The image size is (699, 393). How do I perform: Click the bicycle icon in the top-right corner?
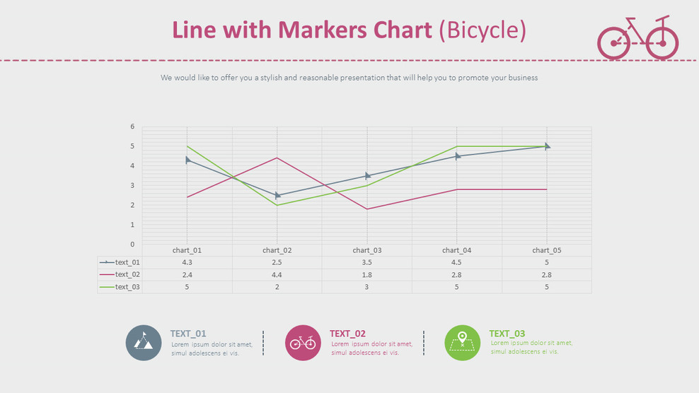tap(637, 38)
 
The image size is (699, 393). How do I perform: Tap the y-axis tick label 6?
tap(132, 127)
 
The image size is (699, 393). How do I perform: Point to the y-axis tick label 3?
tap(132, 185)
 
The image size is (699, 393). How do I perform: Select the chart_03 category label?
tap(366, 250)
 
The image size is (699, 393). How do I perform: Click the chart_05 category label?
tap(546, 250)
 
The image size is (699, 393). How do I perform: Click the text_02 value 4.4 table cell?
tap(277, 275)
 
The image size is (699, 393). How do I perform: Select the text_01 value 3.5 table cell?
tap(366, 262)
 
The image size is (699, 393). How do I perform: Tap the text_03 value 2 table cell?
tap(277, 287)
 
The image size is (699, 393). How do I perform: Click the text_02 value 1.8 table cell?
tap(366, 275)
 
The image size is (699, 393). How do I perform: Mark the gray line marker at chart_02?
tap(277, 195)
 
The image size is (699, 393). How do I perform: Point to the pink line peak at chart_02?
tap(277, 158)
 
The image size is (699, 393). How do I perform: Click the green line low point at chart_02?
tap(277, 205)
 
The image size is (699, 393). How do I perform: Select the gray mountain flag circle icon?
tap(144, 343)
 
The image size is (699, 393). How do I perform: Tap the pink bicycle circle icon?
tap(303, 343)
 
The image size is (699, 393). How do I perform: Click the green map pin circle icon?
tap(462, 343)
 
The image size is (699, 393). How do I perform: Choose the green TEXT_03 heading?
tap(507, 334)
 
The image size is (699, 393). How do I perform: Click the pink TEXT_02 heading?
tap(347, 334)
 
